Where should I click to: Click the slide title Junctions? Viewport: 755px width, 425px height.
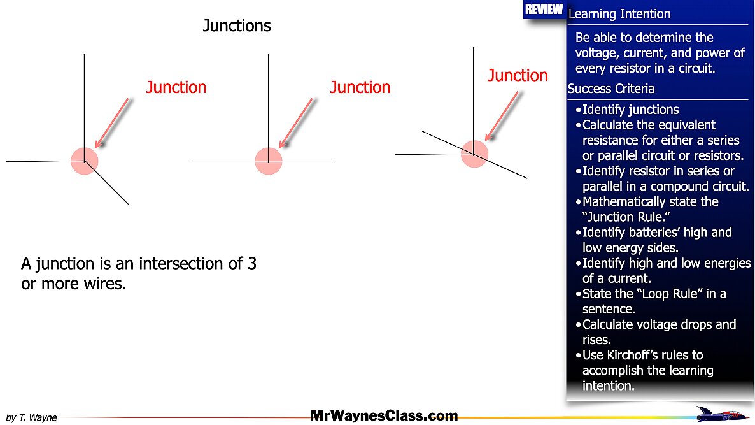[237, 25]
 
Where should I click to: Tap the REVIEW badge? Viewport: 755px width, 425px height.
[544, 9]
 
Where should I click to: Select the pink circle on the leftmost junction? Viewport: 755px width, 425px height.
[84, 161]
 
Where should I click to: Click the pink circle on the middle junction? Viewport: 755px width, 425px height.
[269, 161]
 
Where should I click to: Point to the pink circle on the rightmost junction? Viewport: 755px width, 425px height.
[474, 154]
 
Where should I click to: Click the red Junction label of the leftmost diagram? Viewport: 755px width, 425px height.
[176, 87]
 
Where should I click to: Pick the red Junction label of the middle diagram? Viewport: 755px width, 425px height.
[360, 87]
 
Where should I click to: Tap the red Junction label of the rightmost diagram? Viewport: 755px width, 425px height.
[518, 75]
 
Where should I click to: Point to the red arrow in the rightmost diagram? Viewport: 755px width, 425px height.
[503, 115]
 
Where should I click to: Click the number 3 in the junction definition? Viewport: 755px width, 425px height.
[251, 264]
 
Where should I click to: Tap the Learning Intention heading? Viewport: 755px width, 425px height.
[619, 14]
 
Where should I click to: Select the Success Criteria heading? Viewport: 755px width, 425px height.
[611, 89]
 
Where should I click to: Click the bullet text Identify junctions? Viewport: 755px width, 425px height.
[630, 110]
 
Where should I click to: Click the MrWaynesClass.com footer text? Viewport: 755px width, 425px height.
[384, 416]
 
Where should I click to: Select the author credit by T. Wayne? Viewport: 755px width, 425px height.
[31, 418]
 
